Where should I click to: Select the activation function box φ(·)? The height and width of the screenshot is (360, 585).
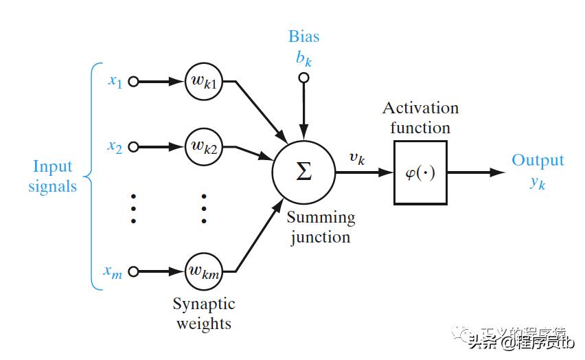point(420,172)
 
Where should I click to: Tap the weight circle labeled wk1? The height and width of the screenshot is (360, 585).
point(203,82)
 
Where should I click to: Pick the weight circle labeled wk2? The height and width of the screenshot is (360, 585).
point(203,146)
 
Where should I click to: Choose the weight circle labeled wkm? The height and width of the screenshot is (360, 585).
point(203,272)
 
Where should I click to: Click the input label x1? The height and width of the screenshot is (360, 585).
point(115,81)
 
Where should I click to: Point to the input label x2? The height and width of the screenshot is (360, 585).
point(115,146)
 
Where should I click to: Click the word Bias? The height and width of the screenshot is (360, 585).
point(303,36)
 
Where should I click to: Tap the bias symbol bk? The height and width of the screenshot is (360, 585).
point(303,58)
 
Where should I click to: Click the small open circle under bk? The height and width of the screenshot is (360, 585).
point(303,78)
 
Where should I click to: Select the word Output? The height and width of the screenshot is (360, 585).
point(538,161)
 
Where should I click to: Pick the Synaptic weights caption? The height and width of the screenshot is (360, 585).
point(203,313)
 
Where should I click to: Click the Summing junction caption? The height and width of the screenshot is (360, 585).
point(321,227)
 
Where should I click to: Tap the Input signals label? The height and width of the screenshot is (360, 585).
point(52,176)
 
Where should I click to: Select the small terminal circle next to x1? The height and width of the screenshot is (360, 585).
point(133,82)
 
